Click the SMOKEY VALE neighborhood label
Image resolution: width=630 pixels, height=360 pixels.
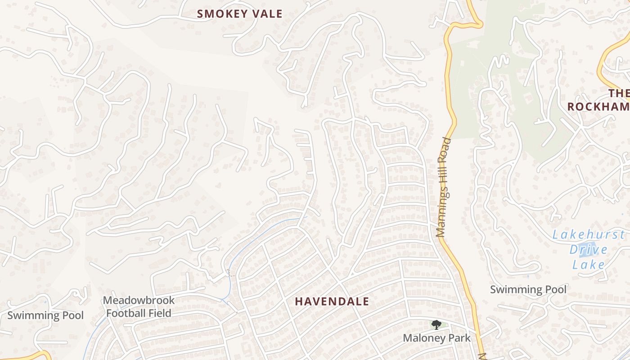point(239,14)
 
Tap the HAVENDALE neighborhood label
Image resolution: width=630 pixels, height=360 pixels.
point(332,301)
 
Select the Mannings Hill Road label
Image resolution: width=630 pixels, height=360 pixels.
point(444,187)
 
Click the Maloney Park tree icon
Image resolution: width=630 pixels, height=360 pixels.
point(436,324)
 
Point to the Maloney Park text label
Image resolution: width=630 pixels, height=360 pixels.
point(436,338)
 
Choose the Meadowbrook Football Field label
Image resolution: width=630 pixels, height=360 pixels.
point(139,306)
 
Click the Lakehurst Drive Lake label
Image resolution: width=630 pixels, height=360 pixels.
point(589,249)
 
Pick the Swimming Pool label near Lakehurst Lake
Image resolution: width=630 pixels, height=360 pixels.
point(528,289)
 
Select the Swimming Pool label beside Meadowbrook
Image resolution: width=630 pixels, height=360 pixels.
point(45,315)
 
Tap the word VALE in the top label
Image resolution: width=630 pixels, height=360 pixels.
point(267,14)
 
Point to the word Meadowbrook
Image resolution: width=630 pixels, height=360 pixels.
point(139,300)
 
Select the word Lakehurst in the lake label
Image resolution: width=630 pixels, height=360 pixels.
point(588,234)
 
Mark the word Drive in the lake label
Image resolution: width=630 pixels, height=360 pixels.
point(589,249)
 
